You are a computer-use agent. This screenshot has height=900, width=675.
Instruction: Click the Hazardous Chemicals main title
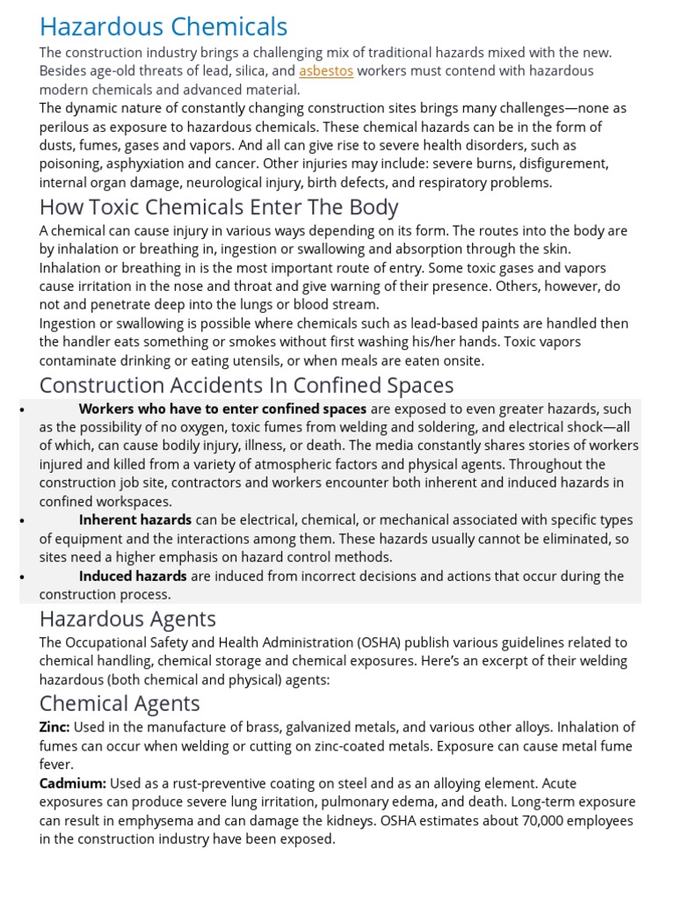tap(163, 26)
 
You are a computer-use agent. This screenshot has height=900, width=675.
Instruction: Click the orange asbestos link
tap(326, 71)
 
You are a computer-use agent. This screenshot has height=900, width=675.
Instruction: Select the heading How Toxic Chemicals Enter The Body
tap(219, 208)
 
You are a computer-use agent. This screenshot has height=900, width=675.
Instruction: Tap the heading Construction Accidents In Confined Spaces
tap(246, 386)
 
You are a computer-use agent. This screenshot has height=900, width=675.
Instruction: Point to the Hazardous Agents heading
tap(127, 620)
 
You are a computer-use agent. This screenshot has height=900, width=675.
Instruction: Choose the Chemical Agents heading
tap(120, 704)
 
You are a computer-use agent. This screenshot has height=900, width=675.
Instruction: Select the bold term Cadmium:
tap(72, 783)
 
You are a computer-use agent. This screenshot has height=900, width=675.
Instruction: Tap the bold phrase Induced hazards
tap(133, 577)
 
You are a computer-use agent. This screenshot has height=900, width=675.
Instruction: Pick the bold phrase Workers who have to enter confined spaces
tap(222, 409)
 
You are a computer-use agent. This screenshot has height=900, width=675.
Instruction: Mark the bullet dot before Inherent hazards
tap(19, 520)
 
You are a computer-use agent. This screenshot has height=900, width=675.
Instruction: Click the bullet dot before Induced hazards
tap(19, 577)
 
